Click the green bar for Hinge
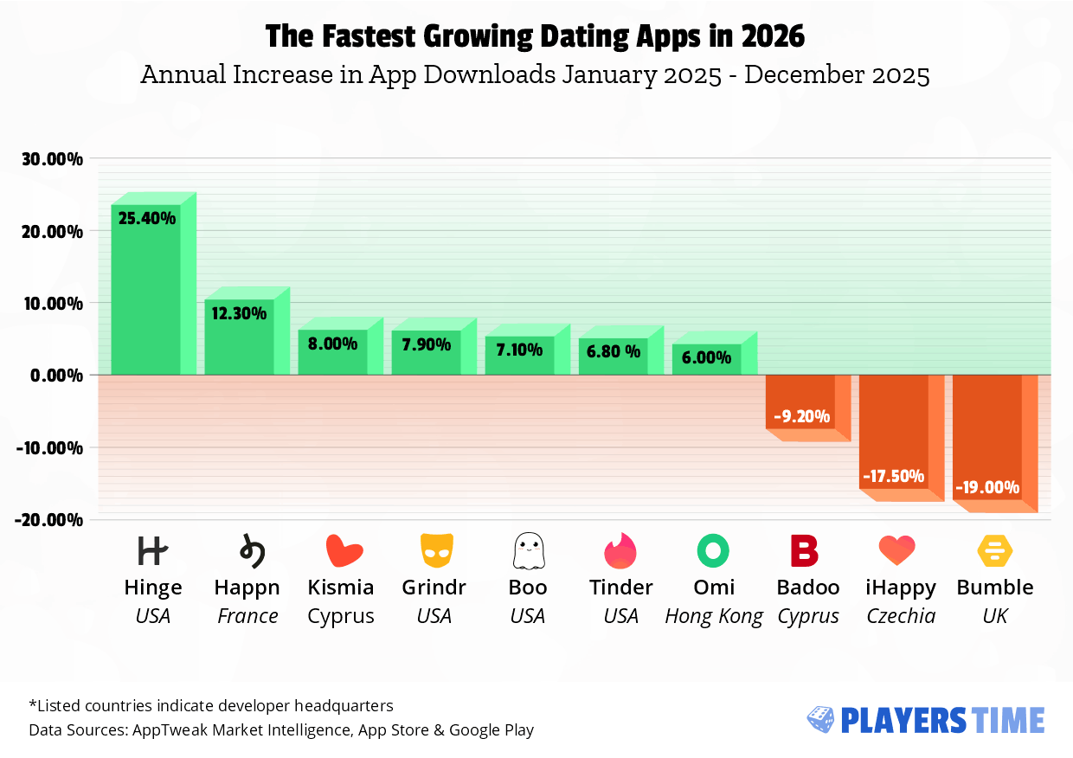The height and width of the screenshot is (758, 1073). pos(145,294)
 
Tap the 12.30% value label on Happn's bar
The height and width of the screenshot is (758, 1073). pos(239,313)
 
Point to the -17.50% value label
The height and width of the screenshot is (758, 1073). pos(893,477)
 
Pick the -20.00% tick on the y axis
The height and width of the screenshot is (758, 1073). pos(50,519)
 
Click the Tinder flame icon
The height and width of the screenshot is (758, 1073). pos(620,550)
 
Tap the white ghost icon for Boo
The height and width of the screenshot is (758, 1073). pos(527,550)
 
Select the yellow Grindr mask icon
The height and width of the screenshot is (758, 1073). pos(436,550)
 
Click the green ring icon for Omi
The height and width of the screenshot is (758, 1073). pos(713,550)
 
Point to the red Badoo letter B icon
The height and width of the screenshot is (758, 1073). pos(805,550)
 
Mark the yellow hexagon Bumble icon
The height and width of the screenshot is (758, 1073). pos(995,550)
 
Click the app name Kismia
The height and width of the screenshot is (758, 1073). pos(341,588)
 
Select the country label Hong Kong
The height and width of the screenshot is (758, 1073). pos(714,616)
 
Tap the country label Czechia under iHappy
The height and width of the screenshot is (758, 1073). pos(901,616)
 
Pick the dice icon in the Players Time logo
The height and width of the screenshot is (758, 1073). pos(820,719)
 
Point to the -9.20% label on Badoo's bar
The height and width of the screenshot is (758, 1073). pos(801,417)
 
